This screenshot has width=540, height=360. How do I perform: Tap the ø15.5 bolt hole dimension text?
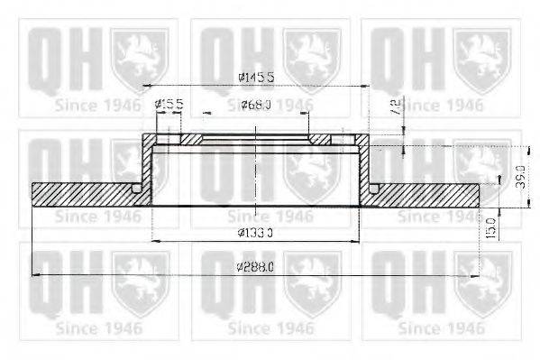coord(169,105)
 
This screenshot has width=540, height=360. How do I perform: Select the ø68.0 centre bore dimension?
coord(257,105)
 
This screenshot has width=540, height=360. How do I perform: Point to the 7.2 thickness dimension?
coord(394,107)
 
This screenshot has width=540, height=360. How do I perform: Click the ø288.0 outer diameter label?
coord(256,267)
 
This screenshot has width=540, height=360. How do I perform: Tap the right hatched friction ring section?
coord(428,194)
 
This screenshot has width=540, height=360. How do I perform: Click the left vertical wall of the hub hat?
coord(147,167)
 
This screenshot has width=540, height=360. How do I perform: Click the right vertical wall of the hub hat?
coord(367,167)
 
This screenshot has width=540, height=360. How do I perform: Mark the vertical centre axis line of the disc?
coord(257,180)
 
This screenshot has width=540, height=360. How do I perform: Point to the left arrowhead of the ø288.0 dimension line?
coord(36,274)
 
